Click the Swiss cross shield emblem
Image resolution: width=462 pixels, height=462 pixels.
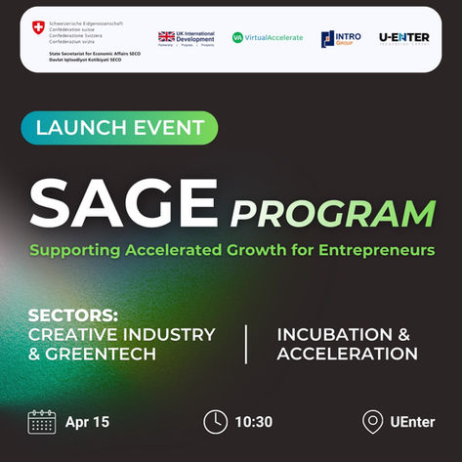click(x=38, y=26)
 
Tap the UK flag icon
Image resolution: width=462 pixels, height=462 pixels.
click(x=167, y=37)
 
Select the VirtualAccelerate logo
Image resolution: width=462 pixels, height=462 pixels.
click(x=267, y=37)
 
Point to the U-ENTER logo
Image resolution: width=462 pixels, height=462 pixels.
click(x=405, y=37)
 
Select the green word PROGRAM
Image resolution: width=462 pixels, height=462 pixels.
click(x=332, y=212)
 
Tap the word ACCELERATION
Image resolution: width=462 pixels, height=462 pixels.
click(x=348, y=353)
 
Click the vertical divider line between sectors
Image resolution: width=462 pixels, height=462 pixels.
click(x=245, y=344)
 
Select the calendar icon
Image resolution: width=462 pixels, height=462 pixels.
click(x=42, y=422)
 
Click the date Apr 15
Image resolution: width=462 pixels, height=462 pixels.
click(x=88, y=422)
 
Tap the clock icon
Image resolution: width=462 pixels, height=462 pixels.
click(x=215, y=422)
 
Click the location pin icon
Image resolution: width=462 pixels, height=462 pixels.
click(x=371, y=422)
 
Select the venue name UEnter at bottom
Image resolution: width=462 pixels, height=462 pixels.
click(x=411, y=422)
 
